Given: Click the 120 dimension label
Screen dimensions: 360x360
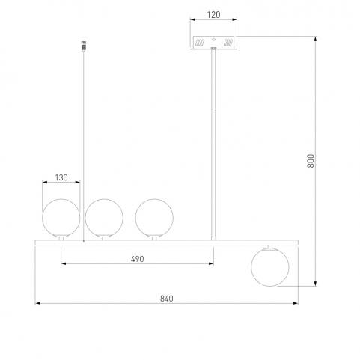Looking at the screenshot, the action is pos(213,15).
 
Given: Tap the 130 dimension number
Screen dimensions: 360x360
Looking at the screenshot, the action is pos(61,177).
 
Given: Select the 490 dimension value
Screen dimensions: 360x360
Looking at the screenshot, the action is pos(137,259).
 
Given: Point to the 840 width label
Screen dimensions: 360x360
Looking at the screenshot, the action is pos(167,299).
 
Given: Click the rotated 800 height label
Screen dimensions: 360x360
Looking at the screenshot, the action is pos(311,161).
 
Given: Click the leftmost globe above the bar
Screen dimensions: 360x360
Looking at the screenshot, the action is pos(61,218).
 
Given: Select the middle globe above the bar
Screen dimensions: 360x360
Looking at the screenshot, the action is pos(104,218).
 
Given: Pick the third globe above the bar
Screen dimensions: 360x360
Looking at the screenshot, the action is pos(154,218).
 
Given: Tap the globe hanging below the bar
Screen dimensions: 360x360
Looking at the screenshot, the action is pos(270,267).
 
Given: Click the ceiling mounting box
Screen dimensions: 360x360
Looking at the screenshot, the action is pos(213,43).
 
